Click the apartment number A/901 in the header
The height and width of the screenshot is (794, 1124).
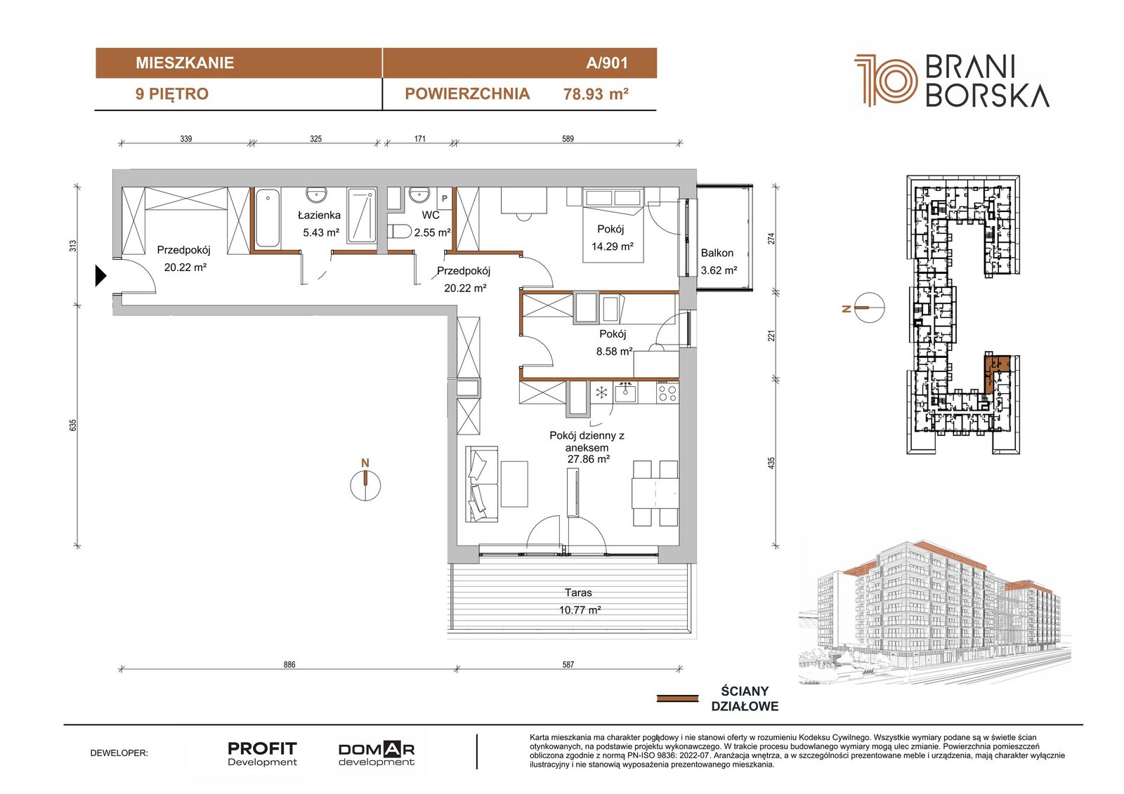click(x=607, y=63)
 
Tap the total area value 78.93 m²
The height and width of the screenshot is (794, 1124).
click(x=596, y=94)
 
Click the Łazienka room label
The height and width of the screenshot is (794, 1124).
click(x=319, y=216)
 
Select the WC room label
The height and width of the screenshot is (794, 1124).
click(x=431, y=216)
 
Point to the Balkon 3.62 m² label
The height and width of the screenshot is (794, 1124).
click(x=719, y=261)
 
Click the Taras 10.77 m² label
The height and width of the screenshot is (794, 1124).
click(x=579, y=601)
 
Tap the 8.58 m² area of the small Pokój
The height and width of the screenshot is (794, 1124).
click(x=614, y=352)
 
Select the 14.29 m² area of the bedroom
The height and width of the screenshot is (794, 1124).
click(x=612, y=246)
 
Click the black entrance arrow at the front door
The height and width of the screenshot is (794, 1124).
click(x=101, y=276)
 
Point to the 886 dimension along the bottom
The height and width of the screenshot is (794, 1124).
click(x=289, y=665)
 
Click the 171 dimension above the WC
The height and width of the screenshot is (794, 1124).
click(x=420, y=138)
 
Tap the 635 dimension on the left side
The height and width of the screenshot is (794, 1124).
click(x=73, y=425)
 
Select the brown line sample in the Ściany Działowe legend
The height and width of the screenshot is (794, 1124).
click(x=677, y=699)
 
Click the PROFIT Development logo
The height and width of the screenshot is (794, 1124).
click(x=263, y=754)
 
